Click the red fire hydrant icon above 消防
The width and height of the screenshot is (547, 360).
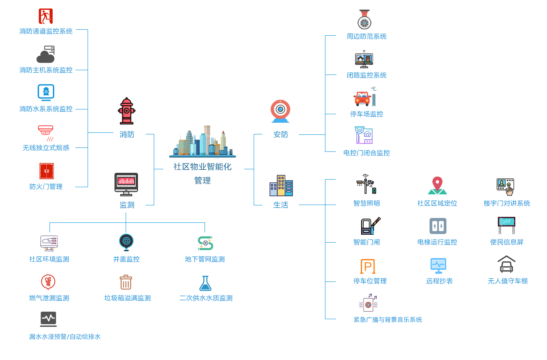[x=126, y=111]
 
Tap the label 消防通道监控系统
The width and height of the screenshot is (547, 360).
[x=46, y=31]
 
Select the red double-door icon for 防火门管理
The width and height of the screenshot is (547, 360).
[x=46, y=171]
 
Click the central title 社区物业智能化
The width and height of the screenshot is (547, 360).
[x=202, y=167]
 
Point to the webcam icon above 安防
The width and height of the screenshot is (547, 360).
[x=280, y=111]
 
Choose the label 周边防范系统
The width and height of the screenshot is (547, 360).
[x=366, y=36]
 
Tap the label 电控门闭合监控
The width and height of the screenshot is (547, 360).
[x=366, y=153]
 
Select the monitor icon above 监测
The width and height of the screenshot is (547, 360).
[x=126, y=184]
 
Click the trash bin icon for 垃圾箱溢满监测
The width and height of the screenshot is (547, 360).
[x=126, y=282]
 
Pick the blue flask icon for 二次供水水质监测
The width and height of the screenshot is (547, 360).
[x=205, y=283]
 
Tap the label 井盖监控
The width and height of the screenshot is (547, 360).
[x=126, y=259]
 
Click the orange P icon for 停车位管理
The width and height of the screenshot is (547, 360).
[x=367, y=266]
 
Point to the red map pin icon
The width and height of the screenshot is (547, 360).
[x=437, y=185]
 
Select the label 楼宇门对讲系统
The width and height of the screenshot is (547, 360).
[x=507, y=203]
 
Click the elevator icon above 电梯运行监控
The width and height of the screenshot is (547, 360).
[x=438, y=226]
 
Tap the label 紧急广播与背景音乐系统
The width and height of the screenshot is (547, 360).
[x=387, y=320]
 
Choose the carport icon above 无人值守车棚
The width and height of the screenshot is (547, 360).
[x=507, y=264]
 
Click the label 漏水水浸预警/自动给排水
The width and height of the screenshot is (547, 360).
[x=65, y=337]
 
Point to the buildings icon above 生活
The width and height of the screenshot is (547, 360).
[x=281, y=186]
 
